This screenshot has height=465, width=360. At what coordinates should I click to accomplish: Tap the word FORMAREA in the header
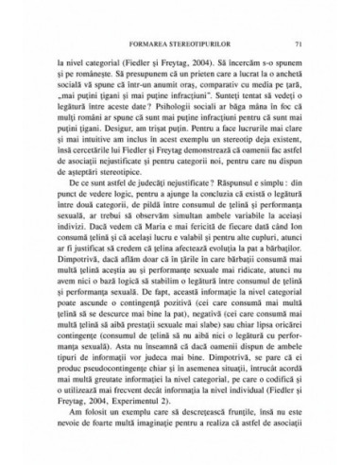click(x=149, y=43)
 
